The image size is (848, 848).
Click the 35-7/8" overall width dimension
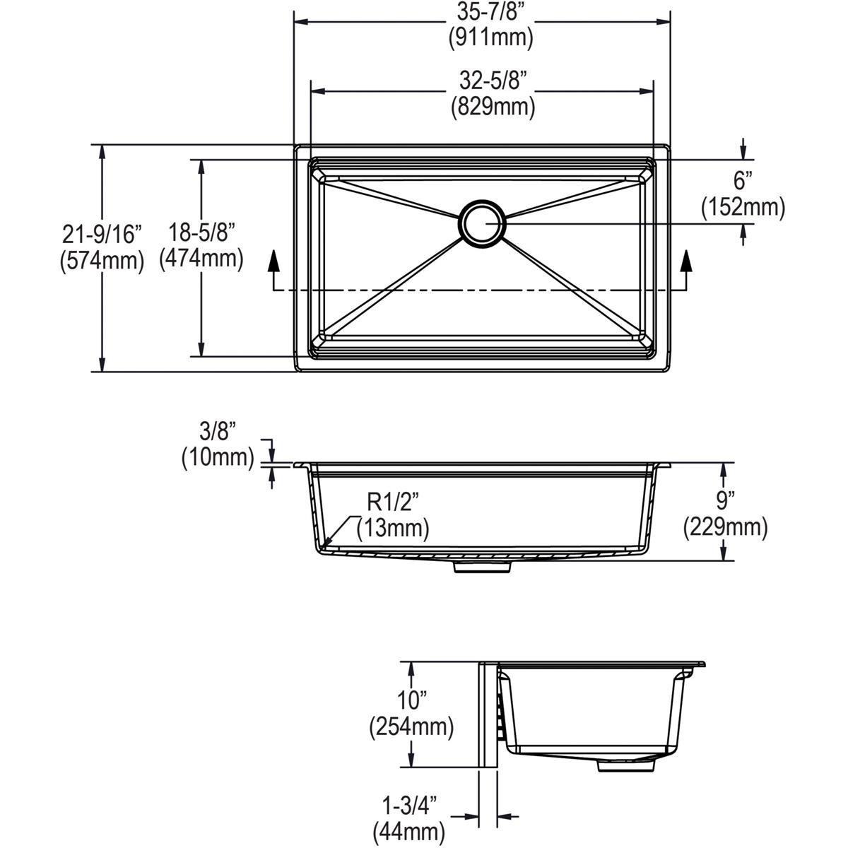point(490,12)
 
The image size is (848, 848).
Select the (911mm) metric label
point(490,37)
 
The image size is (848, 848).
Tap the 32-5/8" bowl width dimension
point(493,81)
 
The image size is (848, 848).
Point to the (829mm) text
point(493,107)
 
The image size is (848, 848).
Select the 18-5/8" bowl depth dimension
point(201,233)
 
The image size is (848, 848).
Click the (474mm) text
point(201,259)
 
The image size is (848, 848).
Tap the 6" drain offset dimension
point(740,181)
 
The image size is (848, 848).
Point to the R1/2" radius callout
point(393,502)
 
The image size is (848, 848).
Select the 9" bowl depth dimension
point(725,501)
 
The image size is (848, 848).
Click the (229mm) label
point(725,526)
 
